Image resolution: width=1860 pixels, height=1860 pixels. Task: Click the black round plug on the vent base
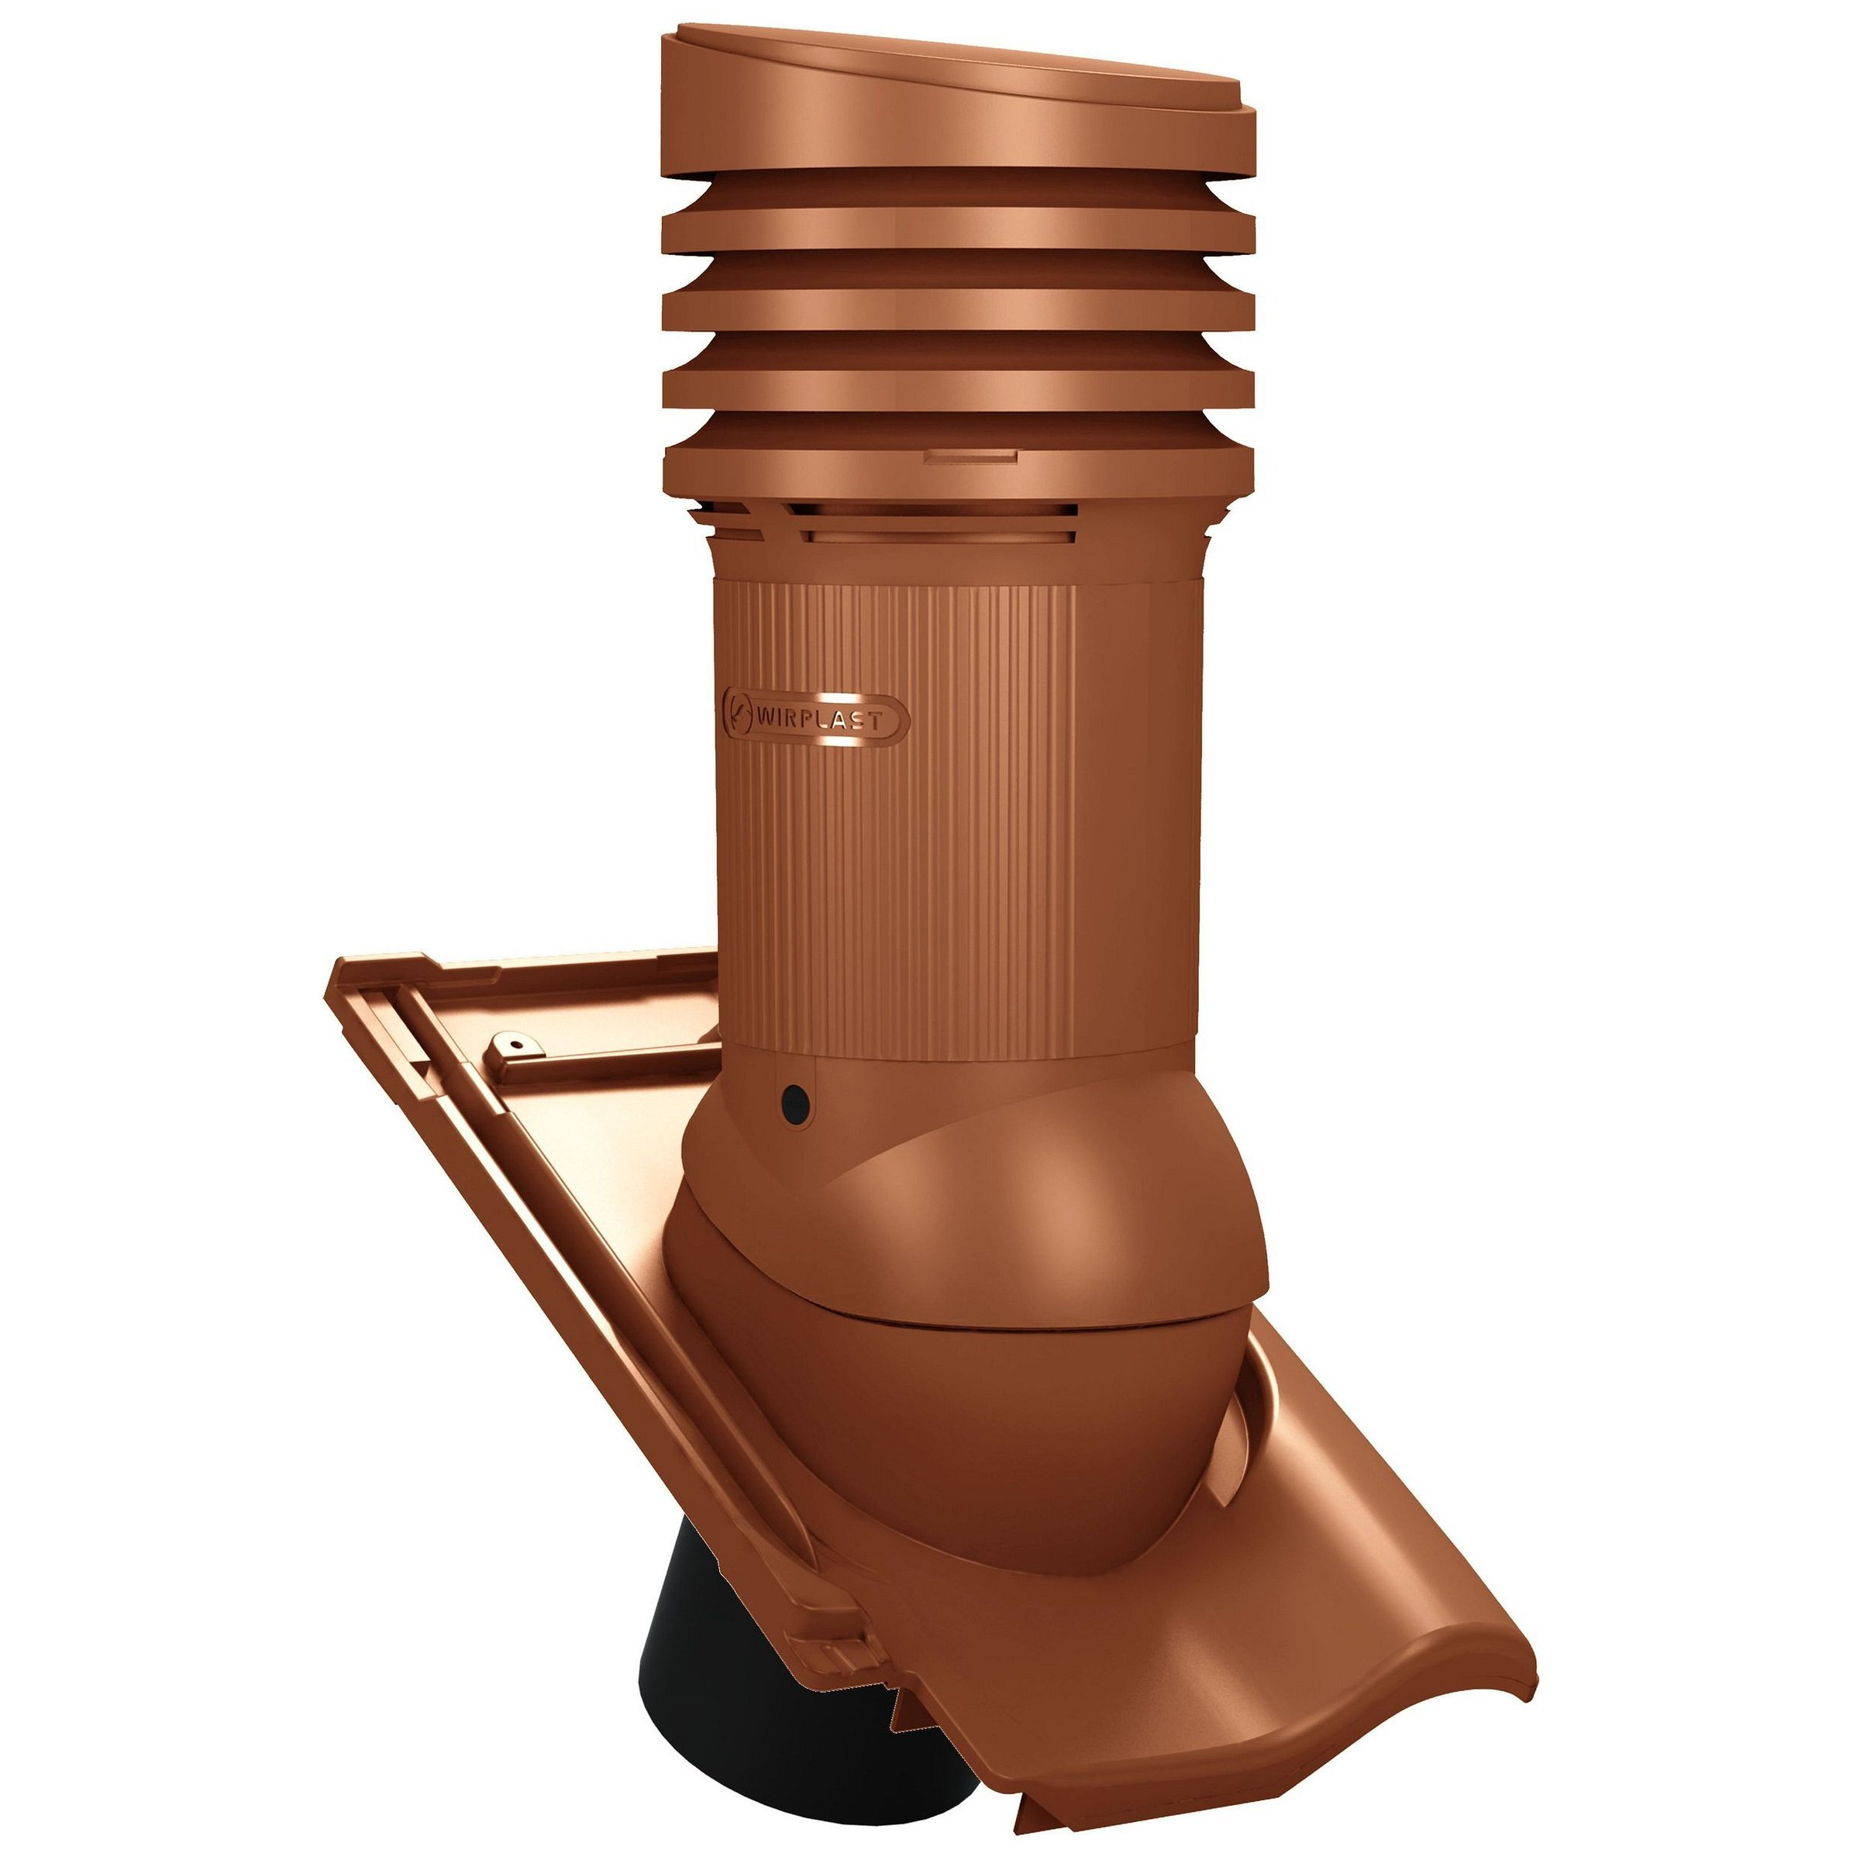pos(795,1097)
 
